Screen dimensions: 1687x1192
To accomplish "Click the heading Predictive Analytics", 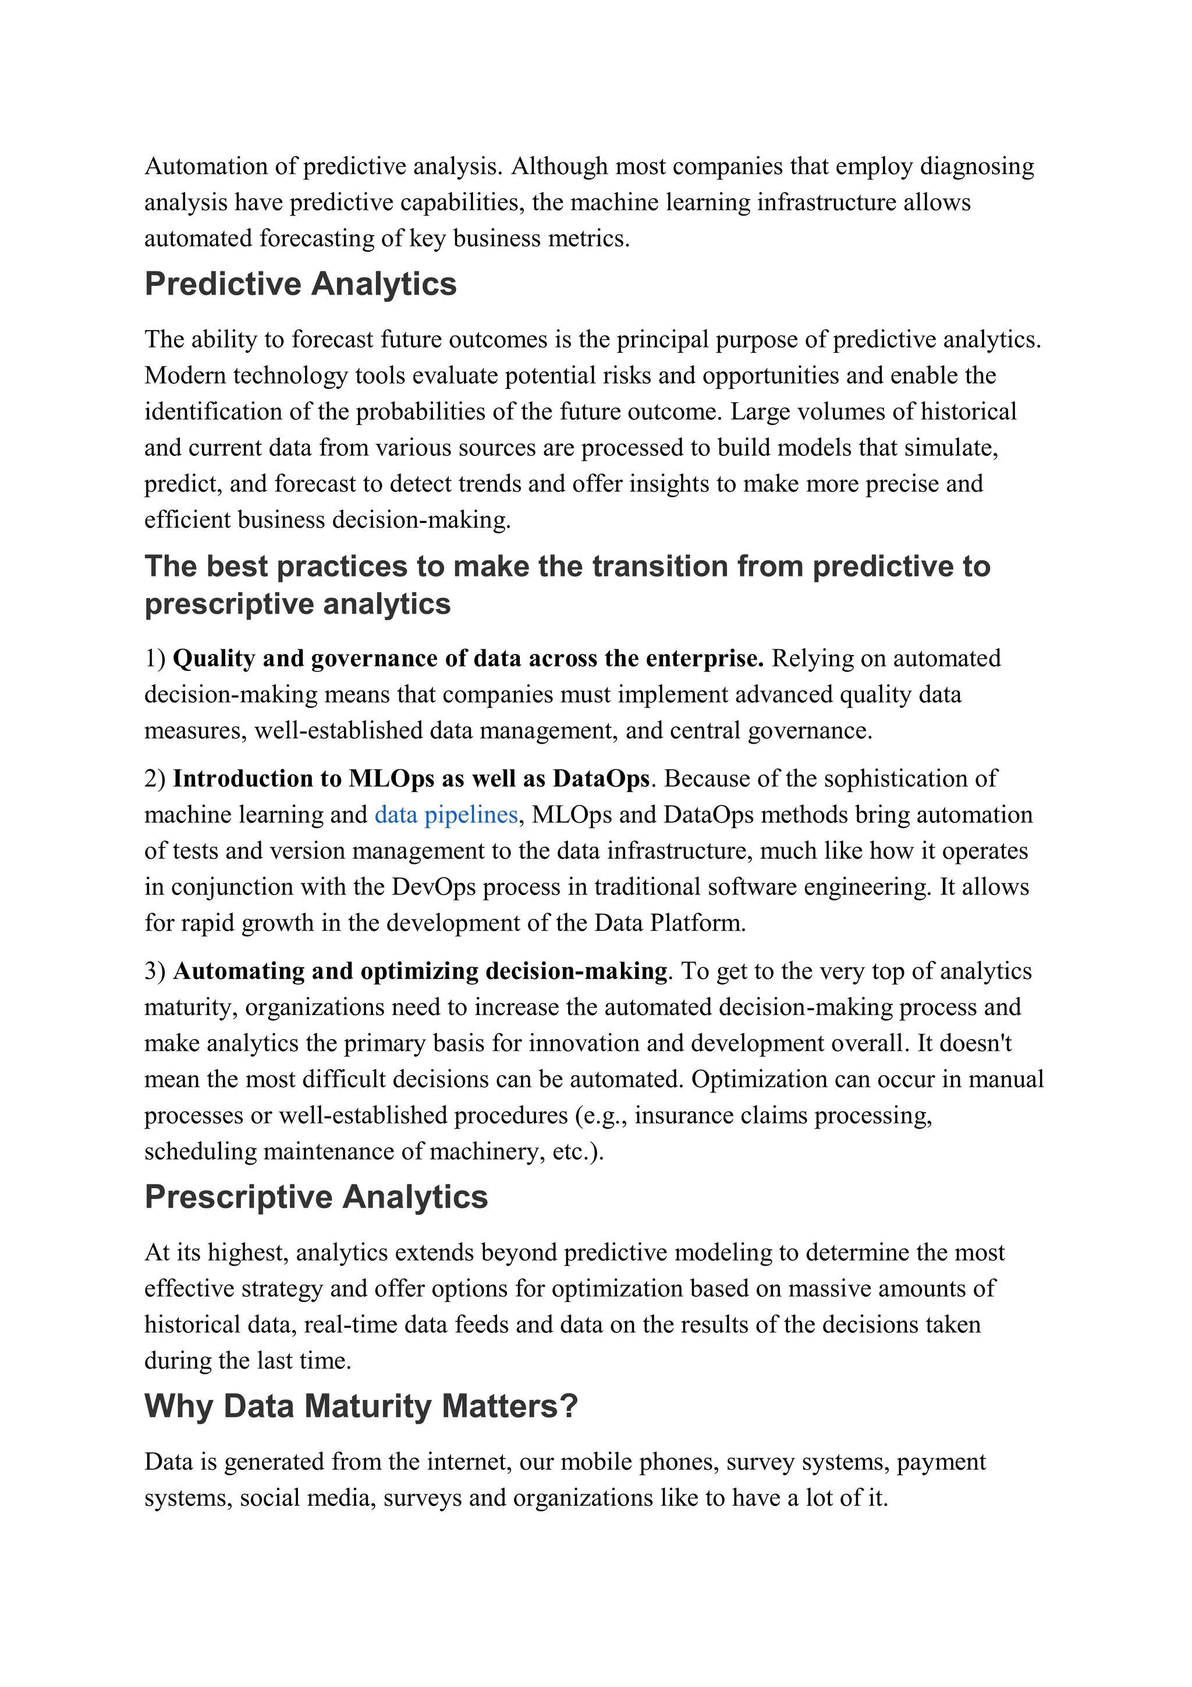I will [x=300, y=284].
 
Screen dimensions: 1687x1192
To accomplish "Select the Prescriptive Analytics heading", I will [x=316, y=1197].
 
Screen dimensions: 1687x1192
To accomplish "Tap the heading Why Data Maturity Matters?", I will [x=361, y=1406].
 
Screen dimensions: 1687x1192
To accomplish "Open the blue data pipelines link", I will [x=446, y=815].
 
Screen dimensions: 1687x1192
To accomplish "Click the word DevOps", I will [x=433, y=887].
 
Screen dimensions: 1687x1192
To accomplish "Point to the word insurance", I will [x=684, y=1115].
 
